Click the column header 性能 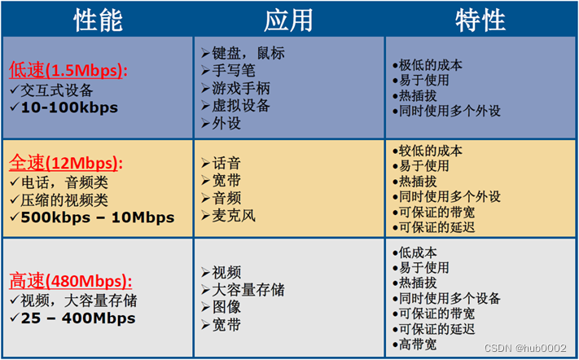tap(98, 20)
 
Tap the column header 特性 tap(480, 20)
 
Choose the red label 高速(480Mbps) tap(65, 281)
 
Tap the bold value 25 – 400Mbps tap(78, 318)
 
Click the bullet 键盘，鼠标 tap(248, 53)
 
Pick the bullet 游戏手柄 tap(241, 88)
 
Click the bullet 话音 tap(226, 162)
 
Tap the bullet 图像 tap(226, 307)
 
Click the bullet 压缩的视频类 tap(64, 200)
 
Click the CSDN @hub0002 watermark tap(526, 348)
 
